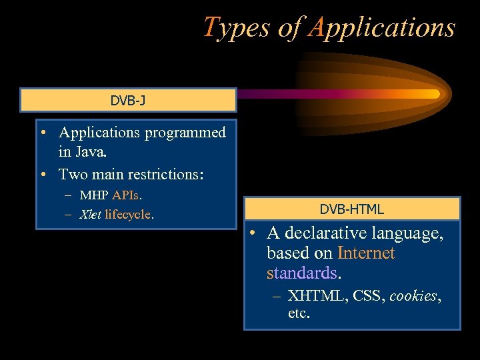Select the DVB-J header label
[x=127, y=101]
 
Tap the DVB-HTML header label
[x=351, y=209]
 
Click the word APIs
[x=127, y=195]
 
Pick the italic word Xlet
[x=91, y=215]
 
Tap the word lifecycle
[x=129, y=215]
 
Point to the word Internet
[x=366, y=253]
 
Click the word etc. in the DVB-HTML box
[x=299, y=313]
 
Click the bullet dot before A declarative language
[x=253, y=234]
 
